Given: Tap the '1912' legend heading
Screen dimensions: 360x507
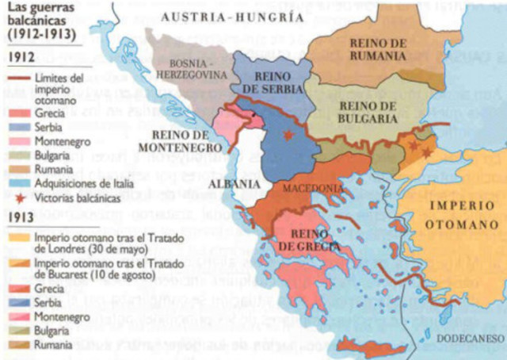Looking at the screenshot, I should pos(20,58).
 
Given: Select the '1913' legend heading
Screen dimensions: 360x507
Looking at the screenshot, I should pos(20,216).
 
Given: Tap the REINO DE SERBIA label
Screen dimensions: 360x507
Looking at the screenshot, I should pos(270,81).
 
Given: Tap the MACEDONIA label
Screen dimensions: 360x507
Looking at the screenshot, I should pos(318,189).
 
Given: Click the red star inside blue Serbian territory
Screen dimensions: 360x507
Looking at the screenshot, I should pos(288,137).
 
